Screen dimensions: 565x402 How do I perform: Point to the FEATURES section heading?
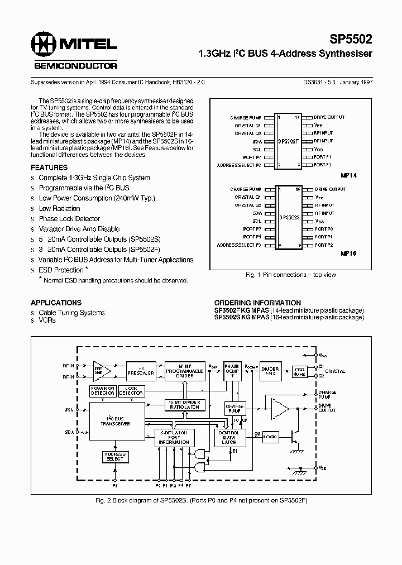49,167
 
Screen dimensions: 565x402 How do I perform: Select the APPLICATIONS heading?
56,303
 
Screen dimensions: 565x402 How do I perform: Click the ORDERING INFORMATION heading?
257,303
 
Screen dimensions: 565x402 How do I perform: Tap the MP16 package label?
349,253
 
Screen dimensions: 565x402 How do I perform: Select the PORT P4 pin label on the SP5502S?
251,237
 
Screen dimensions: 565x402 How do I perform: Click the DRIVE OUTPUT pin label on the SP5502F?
329,117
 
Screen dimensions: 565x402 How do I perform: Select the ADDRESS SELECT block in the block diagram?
114,457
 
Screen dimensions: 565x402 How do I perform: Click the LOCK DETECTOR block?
131,391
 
